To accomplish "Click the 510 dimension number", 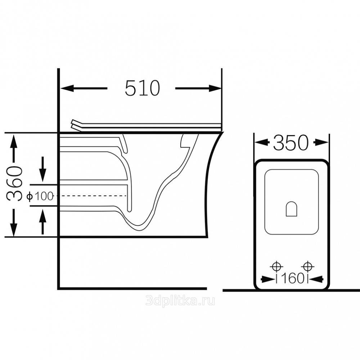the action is point(142,88).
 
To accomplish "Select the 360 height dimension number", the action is point(14,184).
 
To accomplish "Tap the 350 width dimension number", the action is point(291,143).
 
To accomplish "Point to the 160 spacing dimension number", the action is point(292,279).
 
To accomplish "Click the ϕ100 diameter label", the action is point(40,196).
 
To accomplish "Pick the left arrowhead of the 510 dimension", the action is point(67,88).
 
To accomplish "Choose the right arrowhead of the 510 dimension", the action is point(215,88).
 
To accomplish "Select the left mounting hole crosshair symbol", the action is point(276,266).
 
